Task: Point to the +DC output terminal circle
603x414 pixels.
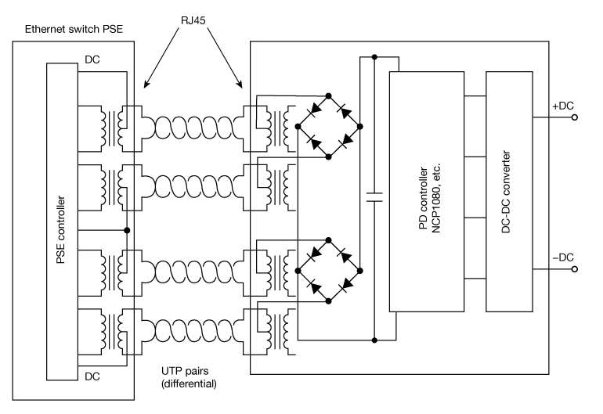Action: coord(575,118)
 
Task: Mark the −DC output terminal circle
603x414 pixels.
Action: coord(575,269)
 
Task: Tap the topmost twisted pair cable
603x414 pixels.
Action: coord(191,125)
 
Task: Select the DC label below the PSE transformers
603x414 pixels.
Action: coord(92,376)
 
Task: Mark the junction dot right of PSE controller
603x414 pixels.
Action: coord(127,230)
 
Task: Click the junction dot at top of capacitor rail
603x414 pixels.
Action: coord(374,57)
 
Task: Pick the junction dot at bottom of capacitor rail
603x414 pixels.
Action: coord(374,340)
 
